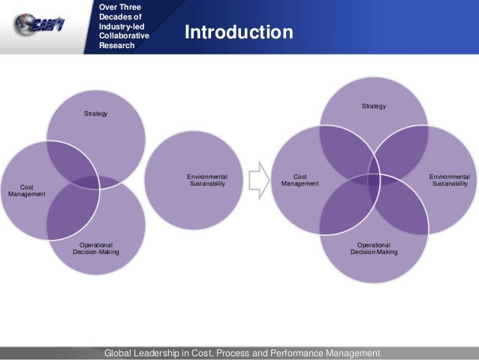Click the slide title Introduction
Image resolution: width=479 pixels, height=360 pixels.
(239, 33)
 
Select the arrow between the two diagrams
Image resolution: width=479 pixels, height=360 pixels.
(259, 181)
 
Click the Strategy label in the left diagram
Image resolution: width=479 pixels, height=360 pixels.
(95, 113)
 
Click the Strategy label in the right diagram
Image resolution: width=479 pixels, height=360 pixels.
(373, 106)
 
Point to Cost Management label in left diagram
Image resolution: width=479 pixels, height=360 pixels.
(27, 190)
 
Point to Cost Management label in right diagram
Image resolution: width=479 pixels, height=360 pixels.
(300, 180)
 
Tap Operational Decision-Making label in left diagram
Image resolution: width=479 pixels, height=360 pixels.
(95, 248)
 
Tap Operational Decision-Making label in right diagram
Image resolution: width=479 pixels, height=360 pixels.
(374, 248)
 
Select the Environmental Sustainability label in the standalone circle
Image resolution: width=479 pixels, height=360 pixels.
(206, 180)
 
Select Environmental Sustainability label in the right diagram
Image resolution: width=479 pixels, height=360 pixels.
(449, 180)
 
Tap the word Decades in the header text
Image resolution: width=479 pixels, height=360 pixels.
(114, 17)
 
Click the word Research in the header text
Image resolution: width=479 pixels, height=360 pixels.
(116, 45)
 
